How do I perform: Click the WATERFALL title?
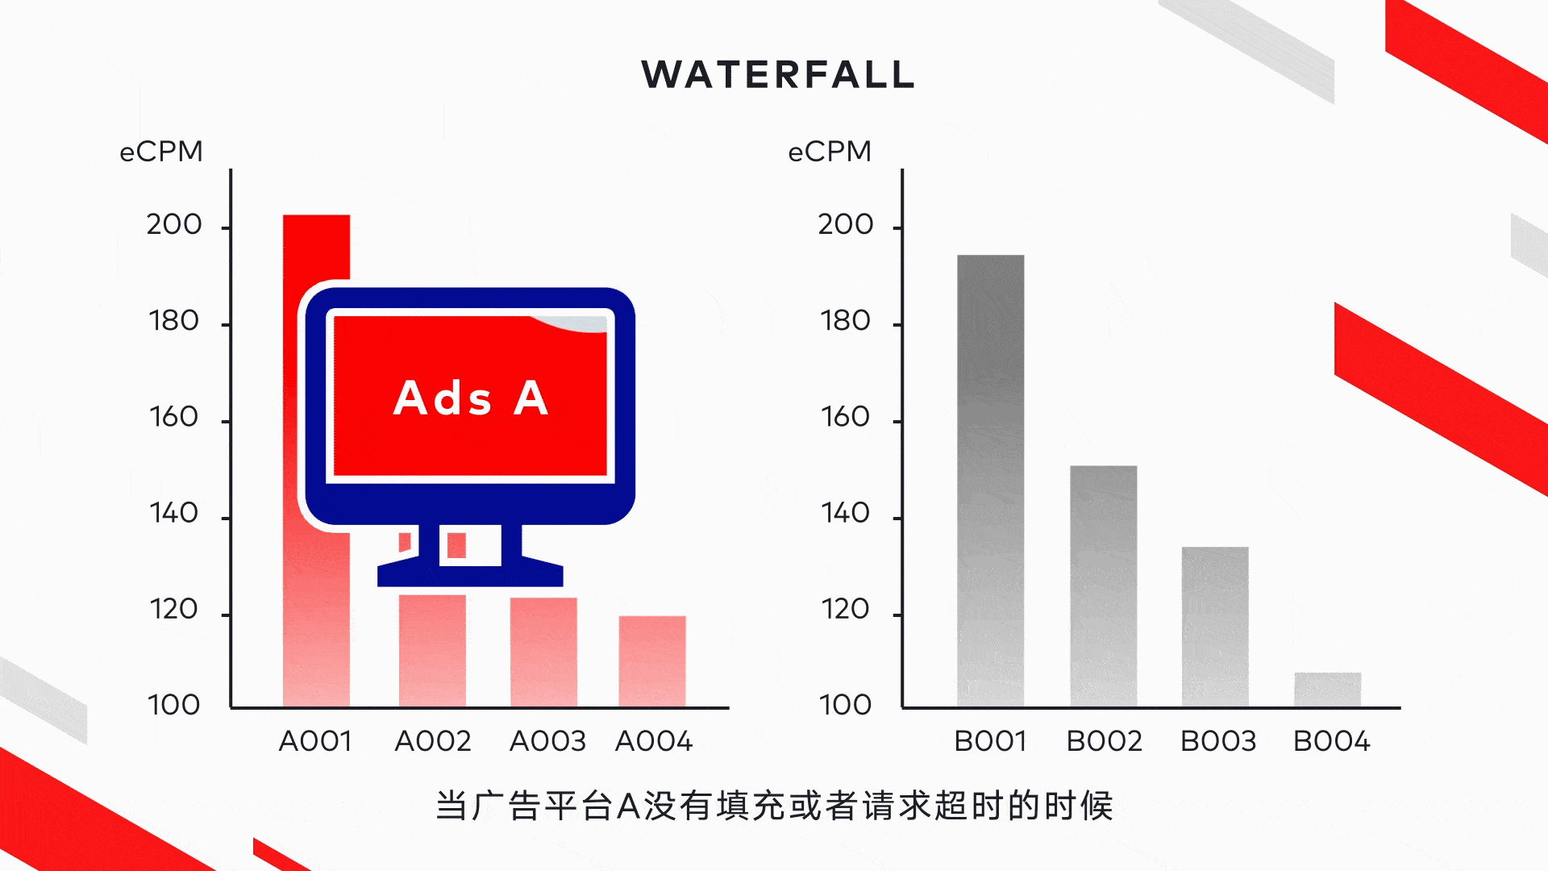click(x=778, y=74)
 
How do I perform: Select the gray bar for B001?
click(x=990, y=481)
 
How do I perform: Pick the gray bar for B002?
click(x=1103, y=586)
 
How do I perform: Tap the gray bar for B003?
click(x=1215, y=627)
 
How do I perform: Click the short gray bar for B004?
click(x=1327, y=690)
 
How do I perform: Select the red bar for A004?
click(x=652, y=662)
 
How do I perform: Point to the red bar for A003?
click(x=543, y=652)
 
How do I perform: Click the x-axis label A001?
click(x=315, y=741)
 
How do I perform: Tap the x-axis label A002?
click(x=433, y=741)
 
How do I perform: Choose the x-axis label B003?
click(x=1218, y=741)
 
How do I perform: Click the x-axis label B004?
click(x=1331, y=741)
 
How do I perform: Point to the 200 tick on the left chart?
click(x=174, y=224)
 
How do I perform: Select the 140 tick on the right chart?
click(x=845, y=513)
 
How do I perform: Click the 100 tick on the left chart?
click(x=174, y=705)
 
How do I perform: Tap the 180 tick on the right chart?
click(x=845, y=321)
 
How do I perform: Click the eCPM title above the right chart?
click(x=830, y=152)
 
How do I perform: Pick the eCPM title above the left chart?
click(x=161, y=152)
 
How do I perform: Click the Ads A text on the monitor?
click(x=471, y=398)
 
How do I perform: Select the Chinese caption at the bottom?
click(x=774, y=806)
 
